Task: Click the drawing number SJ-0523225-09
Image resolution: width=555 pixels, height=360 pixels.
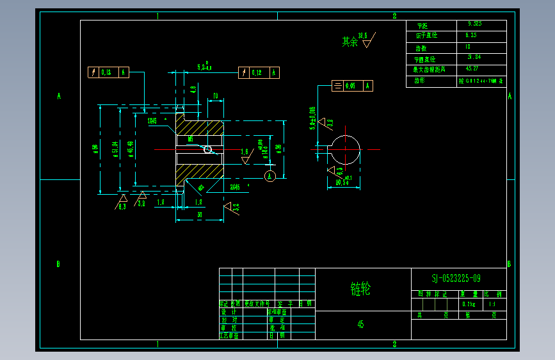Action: coord(456,278)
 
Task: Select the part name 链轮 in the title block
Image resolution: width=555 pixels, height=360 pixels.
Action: coord(360,289)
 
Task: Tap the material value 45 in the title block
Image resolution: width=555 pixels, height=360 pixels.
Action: coord(361,324)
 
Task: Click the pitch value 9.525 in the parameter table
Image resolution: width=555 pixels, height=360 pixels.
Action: coord(474,24)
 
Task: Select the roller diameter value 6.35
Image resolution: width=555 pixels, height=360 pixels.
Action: coord(471,35)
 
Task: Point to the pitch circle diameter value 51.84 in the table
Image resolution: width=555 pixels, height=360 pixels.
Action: coord(474,58)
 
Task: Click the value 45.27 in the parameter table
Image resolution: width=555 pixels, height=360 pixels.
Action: coord(472,69)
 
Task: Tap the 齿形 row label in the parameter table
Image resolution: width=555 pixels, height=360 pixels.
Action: coord(420,81)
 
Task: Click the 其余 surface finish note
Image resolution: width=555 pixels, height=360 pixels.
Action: coord(350,42)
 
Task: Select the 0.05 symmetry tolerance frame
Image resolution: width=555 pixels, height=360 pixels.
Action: coord(352,85)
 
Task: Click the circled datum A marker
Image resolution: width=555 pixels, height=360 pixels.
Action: coord(270,176)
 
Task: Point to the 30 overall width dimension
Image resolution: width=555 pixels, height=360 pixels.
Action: coord(199,215)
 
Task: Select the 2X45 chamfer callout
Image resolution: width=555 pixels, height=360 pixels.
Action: coord(235,187)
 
